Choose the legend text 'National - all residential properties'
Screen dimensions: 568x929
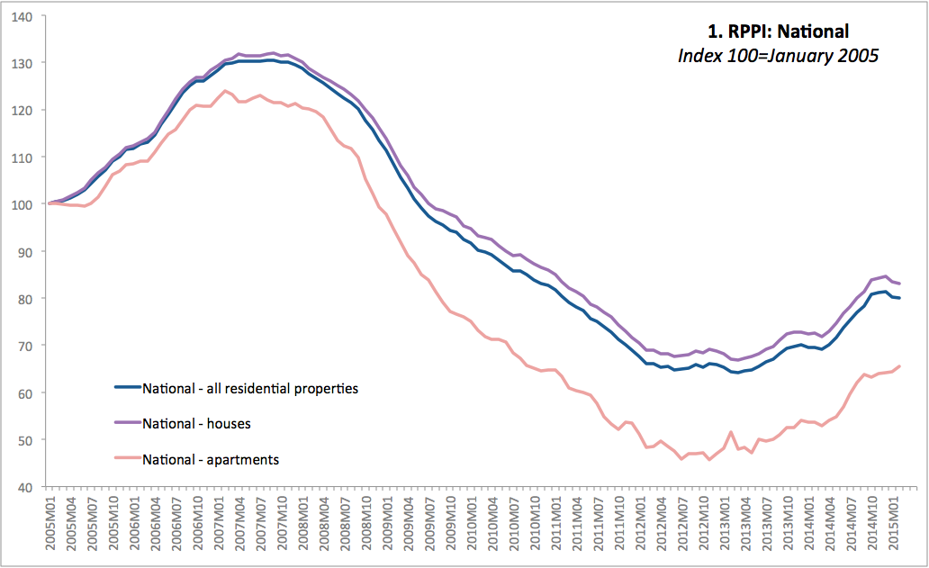click(x=250, y=389)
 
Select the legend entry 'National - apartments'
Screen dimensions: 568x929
click(x=211, y=459)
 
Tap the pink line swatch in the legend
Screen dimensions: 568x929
click(x=127, y=459)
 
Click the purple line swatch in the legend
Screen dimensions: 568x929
click(x=127, y=423)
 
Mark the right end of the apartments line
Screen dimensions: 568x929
click(x=900, y=365)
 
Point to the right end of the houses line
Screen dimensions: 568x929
click(x=900, y=284)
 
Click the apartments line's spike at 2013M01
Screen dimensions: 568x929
click(x=730, y=433)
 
